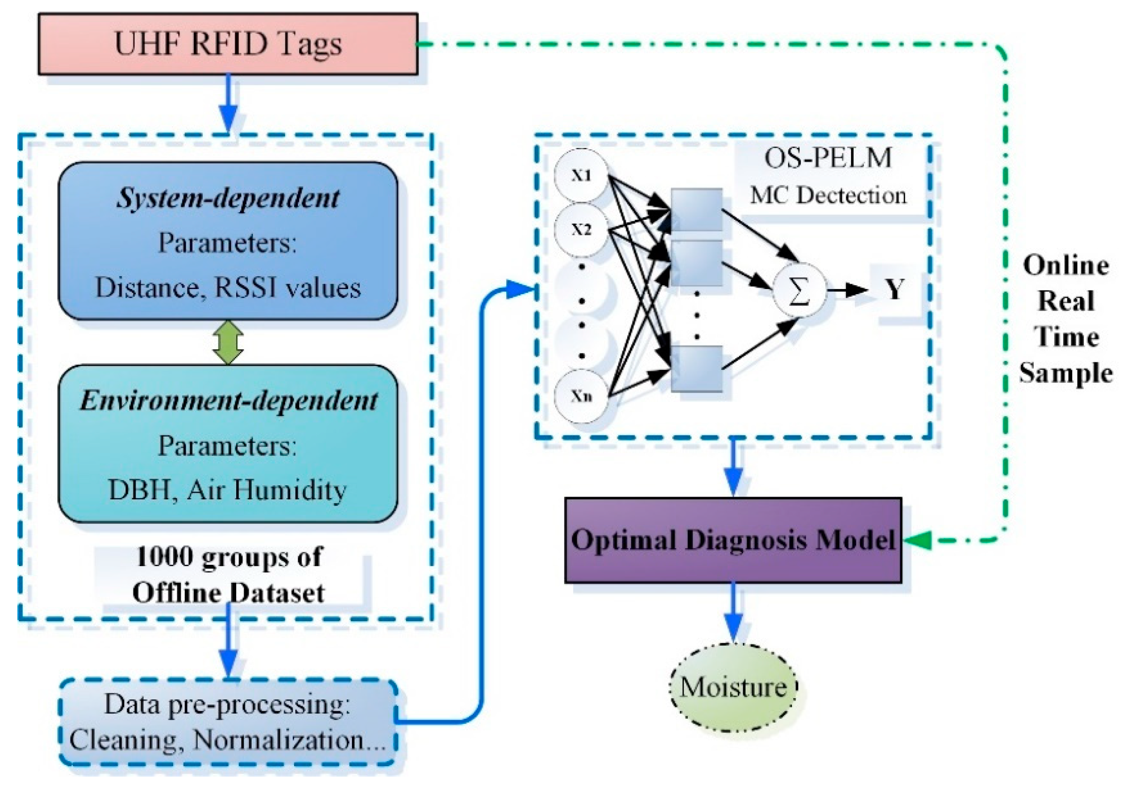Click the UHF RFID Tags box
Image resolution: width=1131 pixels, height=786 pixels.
tap(228, 44)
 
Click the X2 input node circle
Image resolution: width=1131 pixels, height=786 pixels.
tap(581, 230)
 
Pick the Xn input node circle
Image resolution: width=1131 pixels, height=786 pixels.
tap(581, 395)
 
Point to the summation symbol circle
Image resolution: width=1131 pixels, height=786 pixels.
tap(798, 290)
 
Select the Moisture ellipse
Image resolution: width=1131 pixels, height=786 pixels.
tap(733, 687)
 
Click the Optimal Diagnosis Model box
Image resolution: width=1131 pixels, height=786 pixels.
tap(733, 540)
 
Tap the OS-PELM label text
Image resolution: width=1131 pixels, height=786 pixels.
tap(828, 158)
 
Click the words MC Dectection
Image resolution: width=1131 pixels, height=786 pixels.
tap(828, 195)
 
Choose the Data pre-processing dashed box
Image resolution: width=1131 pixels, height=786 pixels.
tap(228, 722)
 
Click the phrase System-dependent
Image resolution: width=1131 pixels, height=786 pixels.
tap(228, 199)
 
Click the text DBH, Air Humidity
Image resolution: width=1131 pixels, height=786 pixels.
tap(227, 490)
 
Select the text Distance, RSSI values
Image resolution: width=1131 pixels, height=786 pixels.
tap(228, 288)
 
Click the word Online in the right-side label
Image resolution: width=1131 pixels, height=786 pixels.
tap(1066, 265)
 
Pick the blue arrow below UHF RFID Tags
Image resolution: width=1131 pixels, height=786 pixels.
tap(228, 106)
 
